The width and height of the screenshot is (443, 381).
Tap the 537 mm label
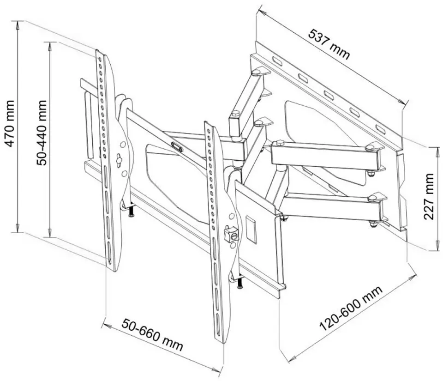[329, 44]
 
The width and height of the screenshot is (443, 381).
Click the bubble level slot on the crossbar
[177, 146]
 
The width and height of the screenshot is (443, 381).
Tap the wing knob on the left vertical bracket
[120, 160]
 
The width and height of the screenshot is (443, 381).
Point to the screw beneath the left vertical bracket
[132, 212]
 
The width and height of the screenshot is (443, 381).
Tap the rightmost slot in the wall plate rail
[380, 128]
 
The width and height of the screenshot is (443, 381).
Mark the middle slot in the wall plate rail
[329, 95]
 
